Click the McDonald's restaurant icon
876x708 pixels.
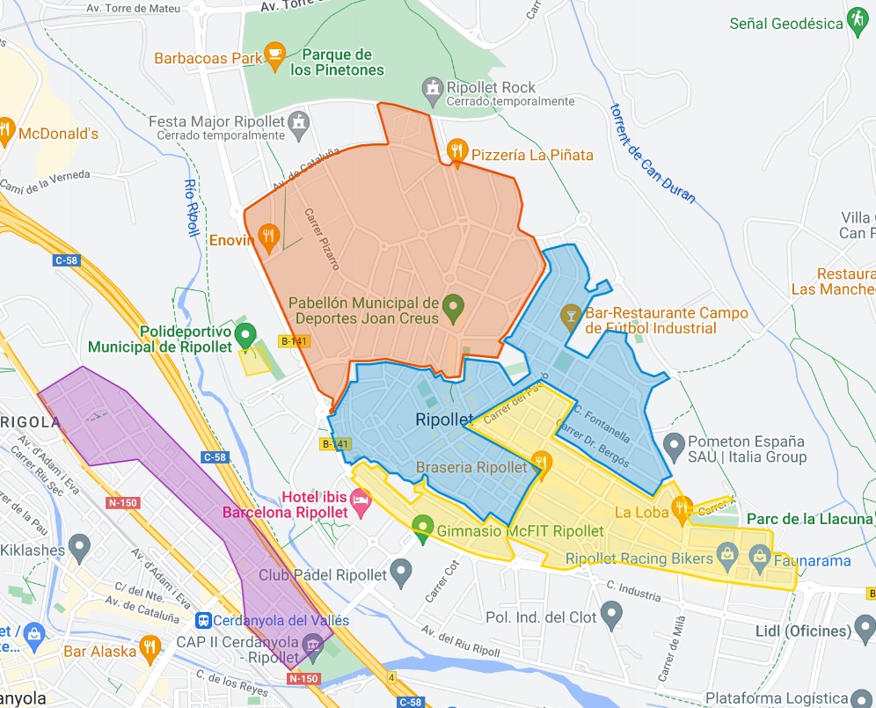click(7, 132)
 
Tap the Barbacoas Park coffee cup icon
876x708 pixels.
click(275, 56)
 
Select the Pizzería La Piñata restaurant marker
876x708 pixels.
click(456, 151)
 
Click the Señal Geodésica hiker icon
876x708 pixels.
click(858, 19)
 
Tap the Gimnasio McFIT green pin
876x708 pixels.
click(424, 529)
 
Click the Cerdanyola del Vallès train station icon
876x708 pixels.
click(203, 620)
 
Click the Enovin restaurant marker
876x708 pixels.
click(269, 236)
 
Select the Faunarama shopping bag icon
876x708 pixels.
click(758, 554)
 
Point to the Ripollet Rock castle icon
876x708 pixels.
click(432, 87)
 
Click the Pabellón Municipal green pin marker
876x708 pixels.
click(452, 307)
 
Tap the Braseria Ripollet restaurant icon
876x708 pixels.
click(543, 463)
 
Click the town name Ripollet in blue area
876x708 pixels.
click(444, 420)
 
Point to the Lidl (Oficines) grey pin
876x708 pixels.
click(865, 630)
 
